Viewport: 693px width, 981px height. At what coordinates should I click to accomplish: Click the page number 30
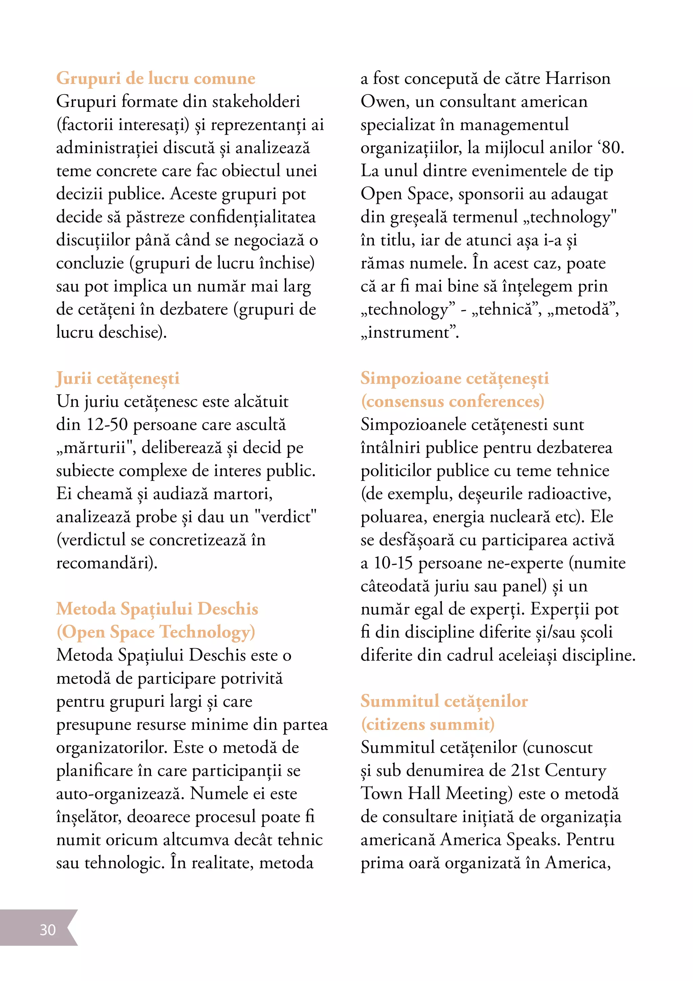tap(47, 930)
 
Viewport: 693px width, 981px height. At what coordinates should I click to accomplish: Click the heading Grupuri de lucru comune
tap(155, 78)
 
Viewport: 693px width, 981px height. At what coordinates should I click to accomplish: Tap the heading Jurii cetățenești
tap(117, 379)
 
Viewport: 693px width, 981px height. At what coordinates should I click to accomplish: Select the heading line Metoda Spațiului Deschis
tap(157, 609)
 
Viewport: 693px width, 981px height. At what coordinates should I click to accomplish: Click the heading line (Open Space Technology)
tap(155, 632)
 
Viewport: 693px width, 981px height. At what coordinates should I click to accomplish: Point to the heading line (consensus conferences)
tap(452, 402)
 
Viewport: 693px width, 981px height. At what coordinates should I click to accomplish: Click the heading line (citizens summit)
tap(427, 724)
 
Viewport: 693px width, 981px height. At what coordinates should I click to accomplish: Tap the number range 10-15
tap(393, 563)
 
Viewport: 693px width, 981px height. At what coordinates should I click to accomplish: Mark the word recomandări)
tap(107, 563)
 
